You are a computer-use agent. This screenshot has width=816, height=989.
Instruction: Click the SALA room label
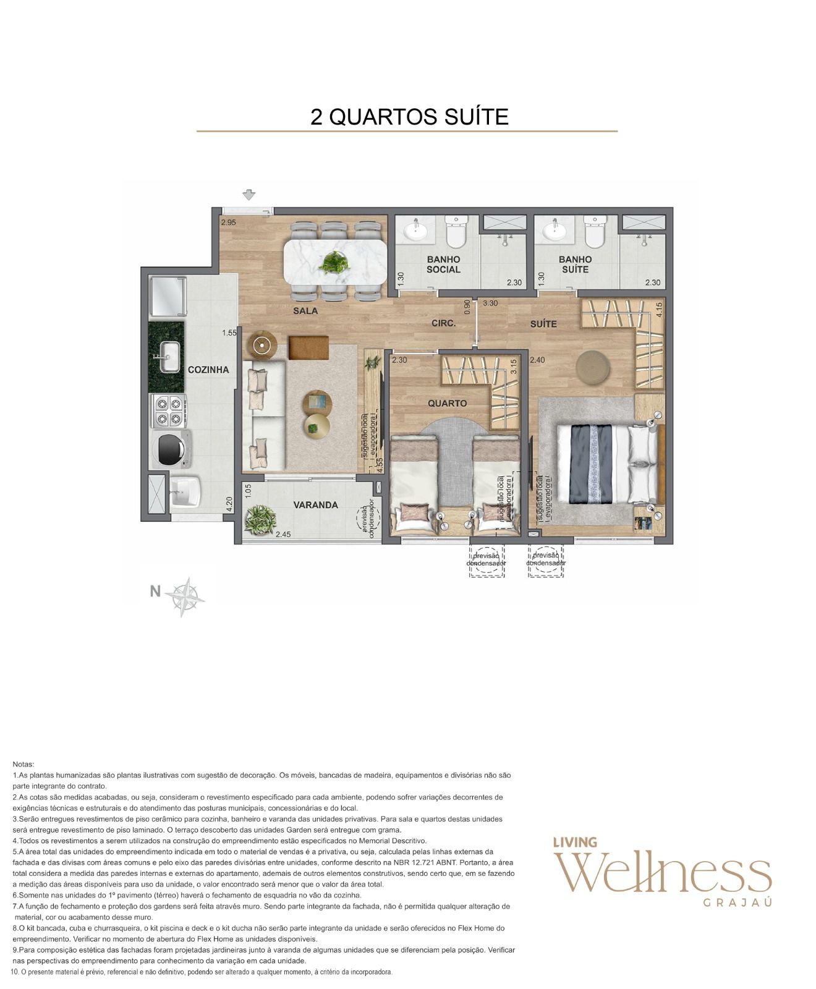coord(305,311)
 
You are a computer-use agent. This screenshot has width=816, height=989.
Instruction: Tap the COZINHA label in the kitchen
coord(208,370)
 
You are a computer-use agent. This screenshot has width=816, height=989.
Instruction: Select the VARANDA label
coord(315,505)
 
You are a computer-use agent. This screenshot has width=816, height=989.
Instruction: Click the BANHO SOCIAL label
coord(443,265)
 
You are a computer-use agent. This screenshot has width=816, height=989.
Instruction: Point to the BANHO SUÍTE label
coord(575,265)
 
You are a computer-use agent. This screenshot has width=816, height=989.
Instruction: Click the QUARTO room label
coord(448,403)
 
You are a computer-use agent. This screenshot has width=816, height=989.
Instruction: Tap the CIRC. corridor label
coord(443,323)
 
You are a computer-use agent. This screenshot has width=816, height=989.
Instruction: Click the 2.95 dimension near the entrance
coord(229,223)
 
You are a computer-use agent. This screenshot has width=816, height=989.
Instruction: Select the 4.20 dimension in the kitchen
coord(229,505)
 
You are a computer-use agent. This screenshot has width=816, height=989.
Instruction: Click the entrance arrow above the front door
coord(249,195)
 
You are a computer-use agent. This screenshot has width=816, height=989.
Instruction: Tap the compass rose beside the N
coord(185,597)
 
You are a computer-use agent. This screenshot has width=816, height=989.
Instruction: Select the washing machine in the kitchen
coord(169,449)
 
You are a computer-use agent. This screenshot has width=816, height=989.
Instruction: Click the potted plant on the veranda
coord(260,519)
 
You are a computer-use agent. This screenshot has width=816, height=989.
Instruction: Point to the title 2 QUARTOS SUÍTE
coord(409,116)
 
